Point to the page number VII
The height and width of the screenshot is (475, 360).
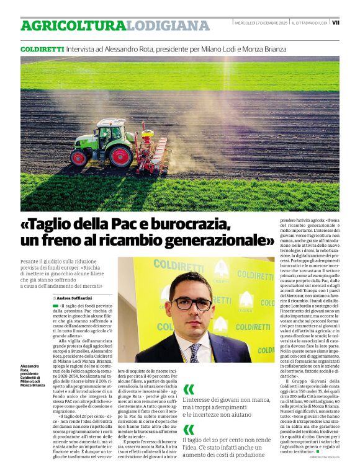point(336,23)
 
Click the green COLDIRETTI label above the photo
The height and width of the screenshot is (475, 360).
point(38,48)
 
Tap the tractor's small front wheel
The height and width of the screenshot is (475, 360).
point(79,158)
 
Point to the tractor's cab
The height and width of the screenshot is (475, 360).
point(112,132)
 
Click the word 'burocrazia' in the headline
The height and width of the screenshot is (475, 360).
point(189,224)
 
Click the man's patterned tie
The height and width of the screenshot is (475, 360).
point(194,352)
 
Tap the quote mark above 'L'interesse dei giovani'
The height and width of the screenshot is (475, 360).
point(189,389)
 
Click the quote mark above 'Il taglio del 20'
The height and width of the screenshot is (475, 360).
point(189,428)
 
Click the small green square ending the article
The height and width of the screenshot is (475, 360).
point(317,451)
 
